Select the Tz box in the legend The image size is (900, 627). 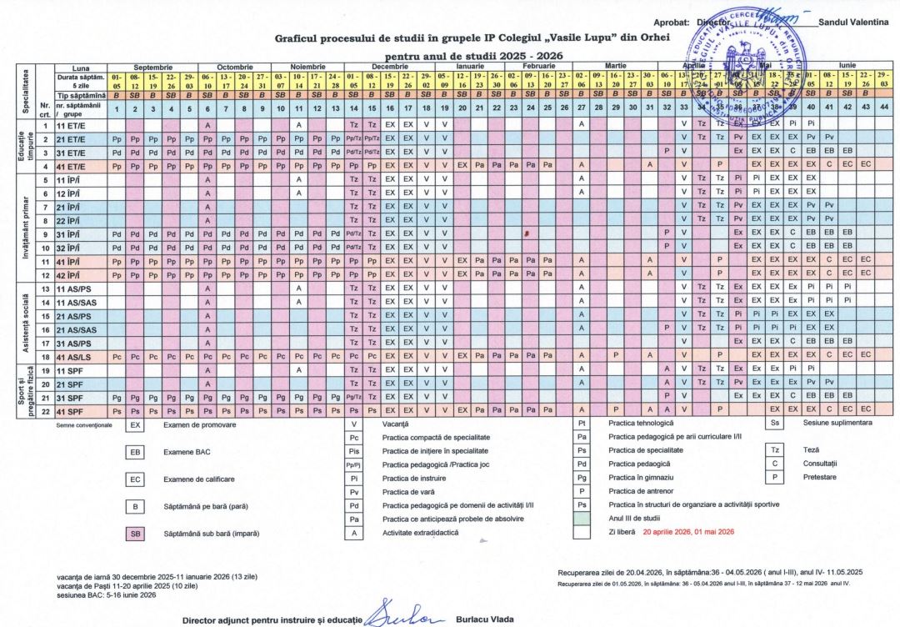click(774, 449)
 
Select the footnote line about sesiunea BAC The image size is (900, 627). click(106, 594)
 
